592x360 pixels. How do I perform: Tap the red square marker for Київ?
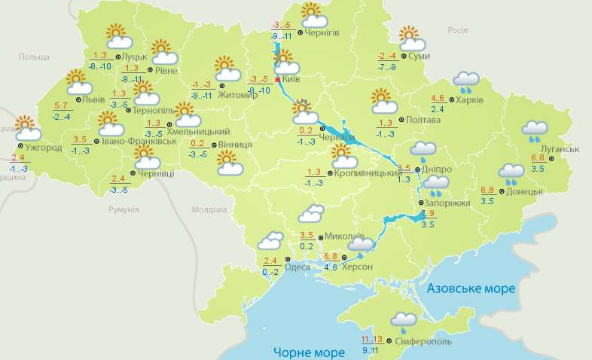tap(278, 79)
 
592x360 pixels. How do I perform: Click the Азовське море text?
tap(471, 288)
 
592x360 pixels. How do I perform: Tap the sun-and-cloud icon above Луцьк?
tap(117, 37)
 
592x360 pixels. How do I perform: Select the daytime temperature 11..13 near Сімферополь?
tap(373, 339)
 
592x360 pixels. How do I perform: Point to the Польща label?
tap(33, 56)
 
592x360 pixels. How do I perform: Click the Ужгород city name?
tap(43, 147)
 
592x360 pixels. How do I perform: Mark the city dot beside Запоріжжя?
tap(420, 203)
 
